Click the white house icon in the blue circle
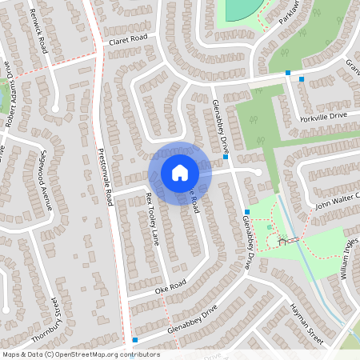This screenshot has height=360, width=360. coord(180,172)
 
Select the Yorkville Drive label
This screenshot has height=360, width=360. coord(325,115)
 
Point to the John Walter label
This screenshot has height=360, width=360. coord(337,201)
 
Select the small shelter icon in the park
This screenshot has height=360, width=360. coord(282,240)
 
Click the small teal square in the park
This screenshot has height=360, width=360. coord(269,227)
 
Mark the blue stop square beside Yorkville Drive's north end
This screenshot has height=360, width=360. coord(301,79)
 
